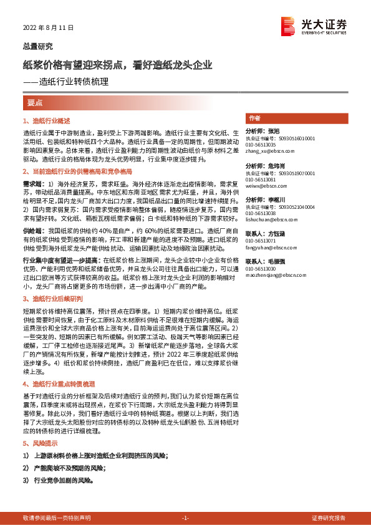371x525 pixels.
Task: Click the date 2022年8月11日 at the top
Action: pyautogui.click(x=49, y=28)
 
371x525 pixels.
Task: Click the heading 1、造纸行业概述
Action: pyautogui.click(x=47, y=121)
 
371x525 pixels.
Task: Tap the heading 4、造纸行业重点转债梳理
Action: pyautogui.click(x=59, y=384)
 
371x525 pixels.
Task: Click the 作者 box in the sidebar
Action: pyautogui.click(x=254, y=118)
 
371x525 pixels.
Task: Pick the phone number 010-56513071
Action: pyautogui.click(x=261, y=239)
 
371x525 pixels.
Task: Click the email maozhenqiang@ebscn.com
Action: pyautogui.click(x=275, y=274)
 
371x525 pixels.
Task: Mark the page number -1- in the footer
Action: pyautogui.click(x=185, y=518)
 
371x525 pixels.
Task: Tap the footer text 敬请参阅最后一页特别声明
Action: pyautogui.click(x=56, y=518)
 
